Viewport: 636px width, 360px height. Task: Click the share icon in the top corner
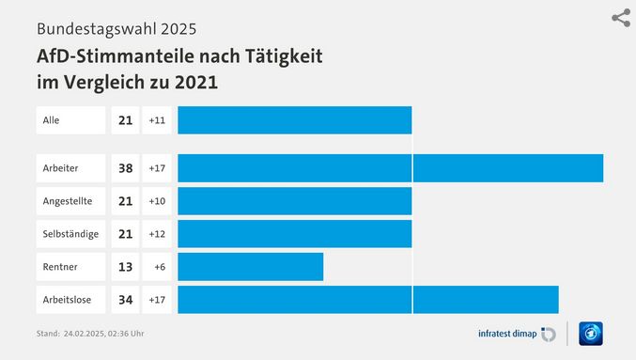click(620, 18)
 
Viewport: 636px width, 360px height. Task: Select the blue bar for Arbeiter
click(390, 168)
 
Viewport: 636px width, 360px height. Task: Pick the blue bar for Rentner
click(250, 267)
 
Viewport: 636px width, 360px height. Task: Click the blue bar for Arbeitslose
click(367, 300)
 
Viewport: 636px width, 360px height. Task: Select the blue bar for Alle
click(294, 120)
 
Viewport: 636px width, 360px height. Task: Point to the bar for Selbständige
click(294, 234)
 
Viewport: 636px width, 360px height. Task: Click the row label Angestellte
click(68, 201)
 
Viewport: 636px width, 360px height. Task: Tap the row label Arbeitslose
click(68, 300)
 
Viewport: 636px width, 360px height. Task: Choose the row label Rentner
click(60, 267)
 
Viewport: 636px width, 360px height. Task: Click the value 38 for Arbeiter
click(125, 168)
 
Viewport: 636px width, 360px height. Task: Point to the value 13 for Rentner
click(125, 267)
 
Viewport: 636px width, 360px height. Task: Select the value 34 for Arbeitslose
click(125, 300)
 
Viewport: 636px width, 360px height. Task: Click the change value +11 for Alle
click(157, 120)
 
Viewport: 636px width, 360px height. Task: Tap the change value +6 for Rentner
click(159, 267)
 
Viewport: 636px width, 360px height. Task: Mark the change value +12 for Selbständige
click(157, 234)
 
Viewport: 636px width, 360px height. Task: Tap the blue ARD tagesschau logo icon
click(591, 334)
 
